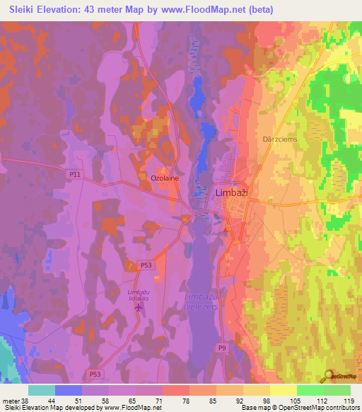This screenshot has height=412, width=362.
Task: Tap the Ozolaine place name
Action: point(164,179)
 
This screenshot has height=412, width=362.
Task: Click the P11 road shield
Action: point(75,173)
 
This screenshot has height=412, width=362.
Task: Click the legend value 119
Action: point(349,400)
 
